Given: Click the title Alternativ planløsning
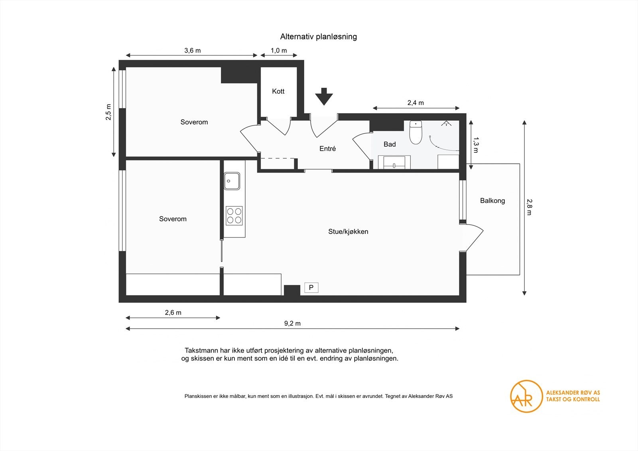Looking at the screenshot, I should pos(318,37).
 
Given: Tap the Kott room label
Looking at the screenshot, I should pos(278,91).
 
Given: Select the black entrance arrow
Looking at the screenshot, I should pos(324,96).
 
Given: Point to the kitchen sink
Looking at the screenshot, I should pos(232,181).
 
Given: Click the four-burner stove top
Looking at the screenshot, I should pos(234,216).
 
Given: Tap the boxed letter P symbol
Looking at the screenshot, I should pos(311,288).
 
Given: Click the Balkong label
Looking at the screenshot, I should pos(492,201).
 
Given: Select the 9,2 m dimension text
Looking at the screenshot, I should pos(292,323).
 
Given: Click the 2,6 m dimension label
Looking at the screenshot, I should pos(173,313).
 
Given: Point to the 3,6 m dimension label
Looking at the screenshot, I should pos(192,51).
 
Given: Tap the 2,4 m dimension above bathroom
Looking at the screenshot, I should pos(415,103).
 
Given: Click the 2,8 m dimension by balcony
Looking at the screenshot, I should pos(529,207).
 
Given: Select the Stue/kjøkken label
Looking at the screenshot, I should pos(348,232).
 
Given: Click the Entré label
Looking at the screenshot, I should pos(327,149).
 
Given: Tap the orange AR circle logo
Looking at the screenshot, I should pos(526,396).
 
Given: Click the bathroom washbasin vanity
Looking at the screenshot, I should pos(394,163).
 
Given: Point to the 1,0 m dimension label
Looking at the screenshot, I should pos(279,51).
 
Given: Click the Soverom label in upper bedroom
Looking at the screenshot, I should pos(194,122).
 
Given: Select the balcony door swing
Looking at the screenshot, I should pos(474,237).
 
